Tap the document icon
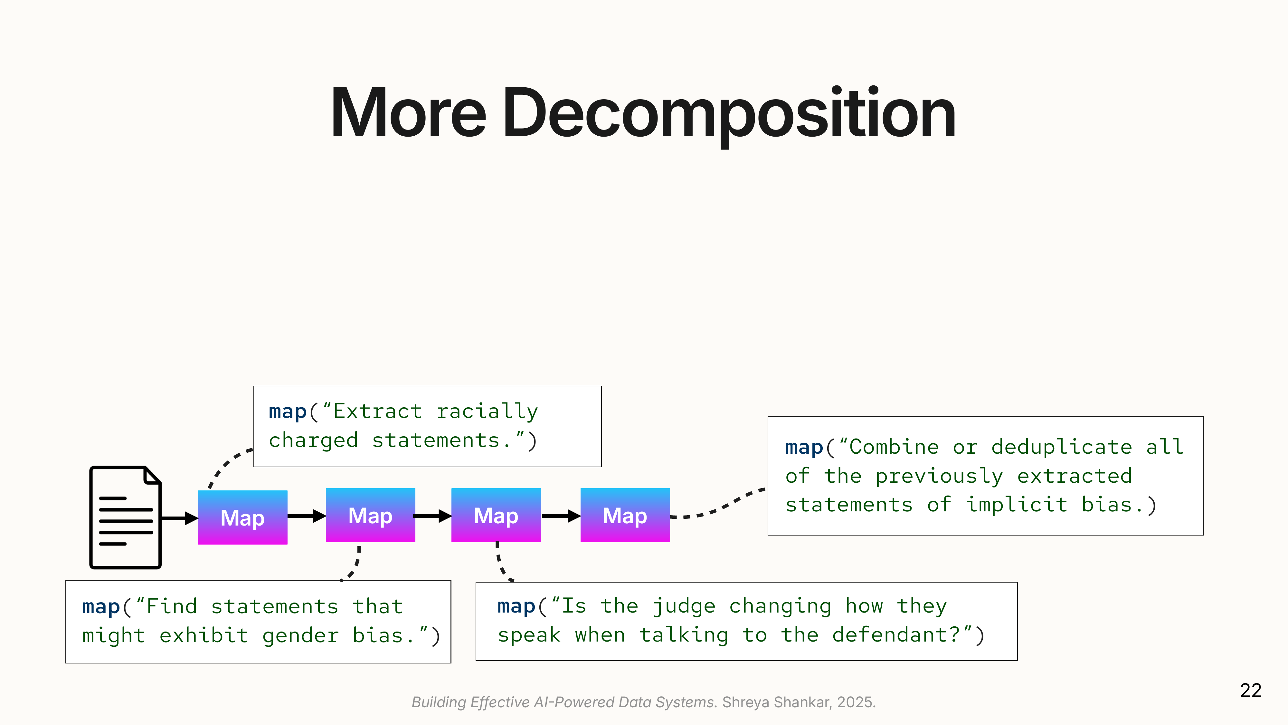[x=125, y=517]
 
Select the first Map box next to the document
[x=242, y=517]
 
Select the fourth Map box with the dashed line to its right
[x=625, y=515]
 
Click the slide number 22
[x=1251, y=691]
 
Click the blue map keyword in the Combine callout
[x=803, y=447]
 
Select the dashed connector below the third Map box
[x=501, y=563]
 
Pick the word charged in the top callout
[x=314, y=440]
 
